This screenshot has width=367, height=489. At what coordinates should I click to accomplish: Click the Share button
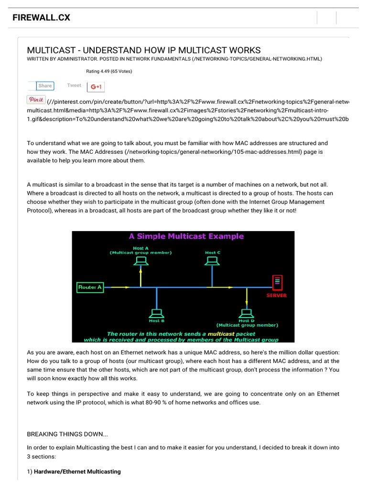click(x=45, y=86)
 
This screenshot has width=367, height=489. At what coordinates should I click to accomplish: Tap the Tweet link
click(x=74, y=85)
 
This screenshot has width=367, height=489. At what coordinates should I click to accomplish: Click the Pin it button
click(x=36, y=99)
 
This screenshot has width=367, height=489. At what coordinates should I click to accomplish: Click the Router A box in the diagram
click(x=90, y=287)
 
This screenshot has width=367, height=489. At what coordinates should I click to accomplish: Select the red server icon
click(x=277, y=283)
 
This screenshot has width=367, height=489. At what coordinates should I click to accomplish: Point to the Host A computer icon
click(x=140, y=261)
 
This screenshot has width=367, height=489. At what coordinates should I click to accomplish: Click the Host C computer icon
click(x=212, y=261)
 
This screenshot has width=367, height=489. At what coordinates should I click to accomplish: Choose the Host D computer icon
click(x=247, y=313)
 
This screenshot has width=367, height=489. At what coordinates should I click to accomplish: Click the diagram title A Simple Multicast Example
click(x=186, y=236)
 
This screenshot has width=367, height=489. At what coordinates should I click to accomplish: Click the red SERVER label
click(x=277, y=296)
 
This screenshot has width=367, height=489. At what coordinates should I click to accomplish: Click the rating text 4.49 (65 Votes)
click(x=109, y=72)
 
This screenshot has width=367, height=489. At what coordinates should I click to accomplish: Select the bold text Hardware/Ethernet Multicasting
click(x=77, y=472)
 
